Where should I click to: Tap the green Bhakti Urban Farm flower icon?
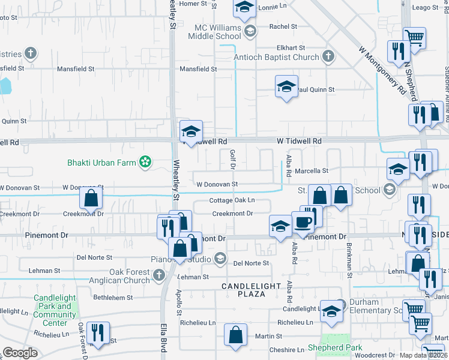tap(145, 161)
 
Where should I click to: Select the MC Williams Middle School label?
tap(217, 32)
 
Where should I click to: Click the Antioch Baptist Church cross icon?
tap(328, 57)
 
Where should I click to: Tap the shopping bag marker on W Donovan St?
tap(91, 199)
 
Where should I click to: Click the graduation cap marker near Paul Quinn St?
tap(287, 87)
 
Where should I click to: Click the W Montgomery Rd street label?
tap(382, 71)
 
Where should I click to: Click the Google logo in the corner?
tap(20, 353)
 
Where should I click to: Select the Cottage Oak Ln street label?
tap(232, 200)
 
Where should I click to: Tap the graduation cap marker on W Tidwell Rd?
tap(191, 132)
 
